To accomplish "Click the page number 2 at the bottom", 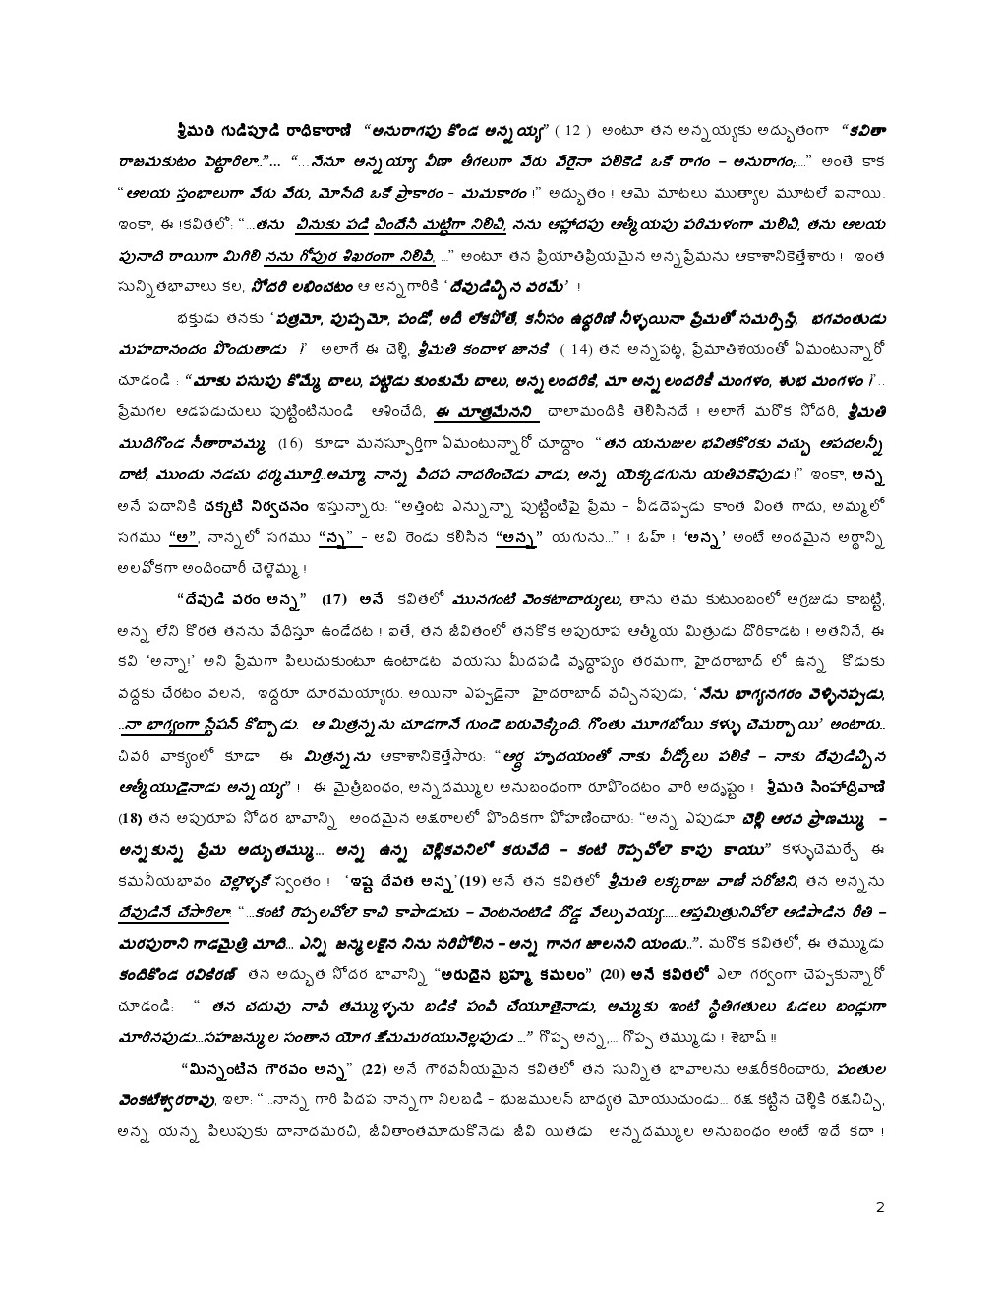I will click(881, 1207).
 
